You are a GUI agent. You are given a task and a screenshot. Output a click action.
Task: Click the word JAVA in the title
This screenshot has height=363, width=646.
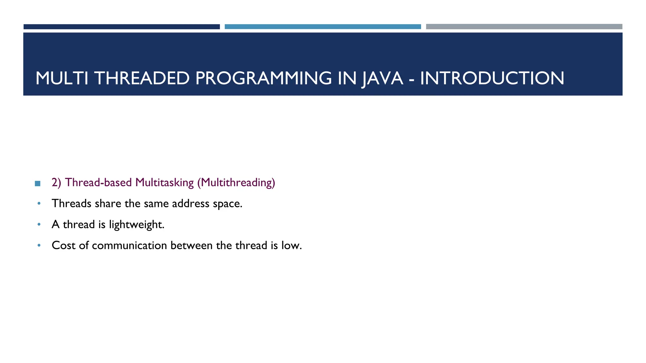click(x=382, y=78)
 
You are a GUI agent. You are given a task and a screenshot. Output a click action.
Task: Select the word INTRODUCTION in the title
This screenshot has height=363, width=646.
click(x=492, y=78)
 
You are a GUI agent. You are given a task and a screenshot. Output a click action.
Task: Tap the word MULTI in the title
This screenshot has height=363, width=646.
click(x=62, y=78)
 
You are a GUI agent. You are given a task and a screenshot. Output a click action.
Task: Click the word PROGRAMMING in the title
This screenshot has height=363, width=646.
click(x=263, y=78)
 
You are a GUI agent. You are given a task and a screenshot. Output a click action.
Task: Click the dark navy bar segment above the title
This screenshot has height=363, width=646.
click(x=121, y=27)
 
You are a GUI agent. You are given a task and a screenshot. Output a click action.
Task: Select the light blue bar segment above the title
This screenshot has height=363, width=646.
click(x=323, y=27)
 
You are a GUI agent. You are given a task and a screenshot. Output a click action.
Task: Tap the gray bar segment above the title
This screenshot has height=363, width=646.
click(x=524, y=27)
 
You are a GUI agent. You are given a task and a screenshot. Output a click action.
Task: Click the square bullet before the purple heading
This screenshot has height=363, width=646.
click(x=38, y=183)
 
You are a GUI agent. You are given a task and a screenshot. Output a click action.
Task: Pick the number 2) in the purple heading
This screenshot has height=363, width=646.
click(x=56, y=183)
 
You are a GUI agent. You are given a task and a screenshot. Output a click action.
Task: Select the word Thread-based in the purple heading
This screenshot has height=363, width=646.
click(x=98, y=183)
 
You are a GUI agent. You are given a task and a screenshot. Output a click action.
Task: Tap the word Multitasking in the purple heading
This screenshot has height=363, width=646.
click(x=164, y=183)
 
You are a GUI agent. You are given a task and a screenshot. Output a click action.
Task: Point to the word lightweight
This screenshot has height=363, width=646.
click(x=136, y=225)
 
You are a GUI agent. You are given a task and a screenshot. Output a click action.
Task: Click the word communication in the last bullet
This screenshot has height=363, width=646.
click(x=129, y=245)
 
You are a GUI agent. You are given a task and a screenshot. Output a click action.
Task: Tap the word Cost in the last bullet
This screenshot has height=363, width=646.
click(x=63, y=245)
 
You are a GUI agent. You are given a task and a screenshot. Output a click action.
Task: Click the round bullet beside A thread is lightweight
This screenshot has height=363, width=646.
click(x=39, y=224)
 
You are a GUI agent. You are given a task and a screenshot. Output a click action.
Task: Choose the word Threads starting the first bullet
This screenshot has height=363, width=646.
click(x=71, y=204)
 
